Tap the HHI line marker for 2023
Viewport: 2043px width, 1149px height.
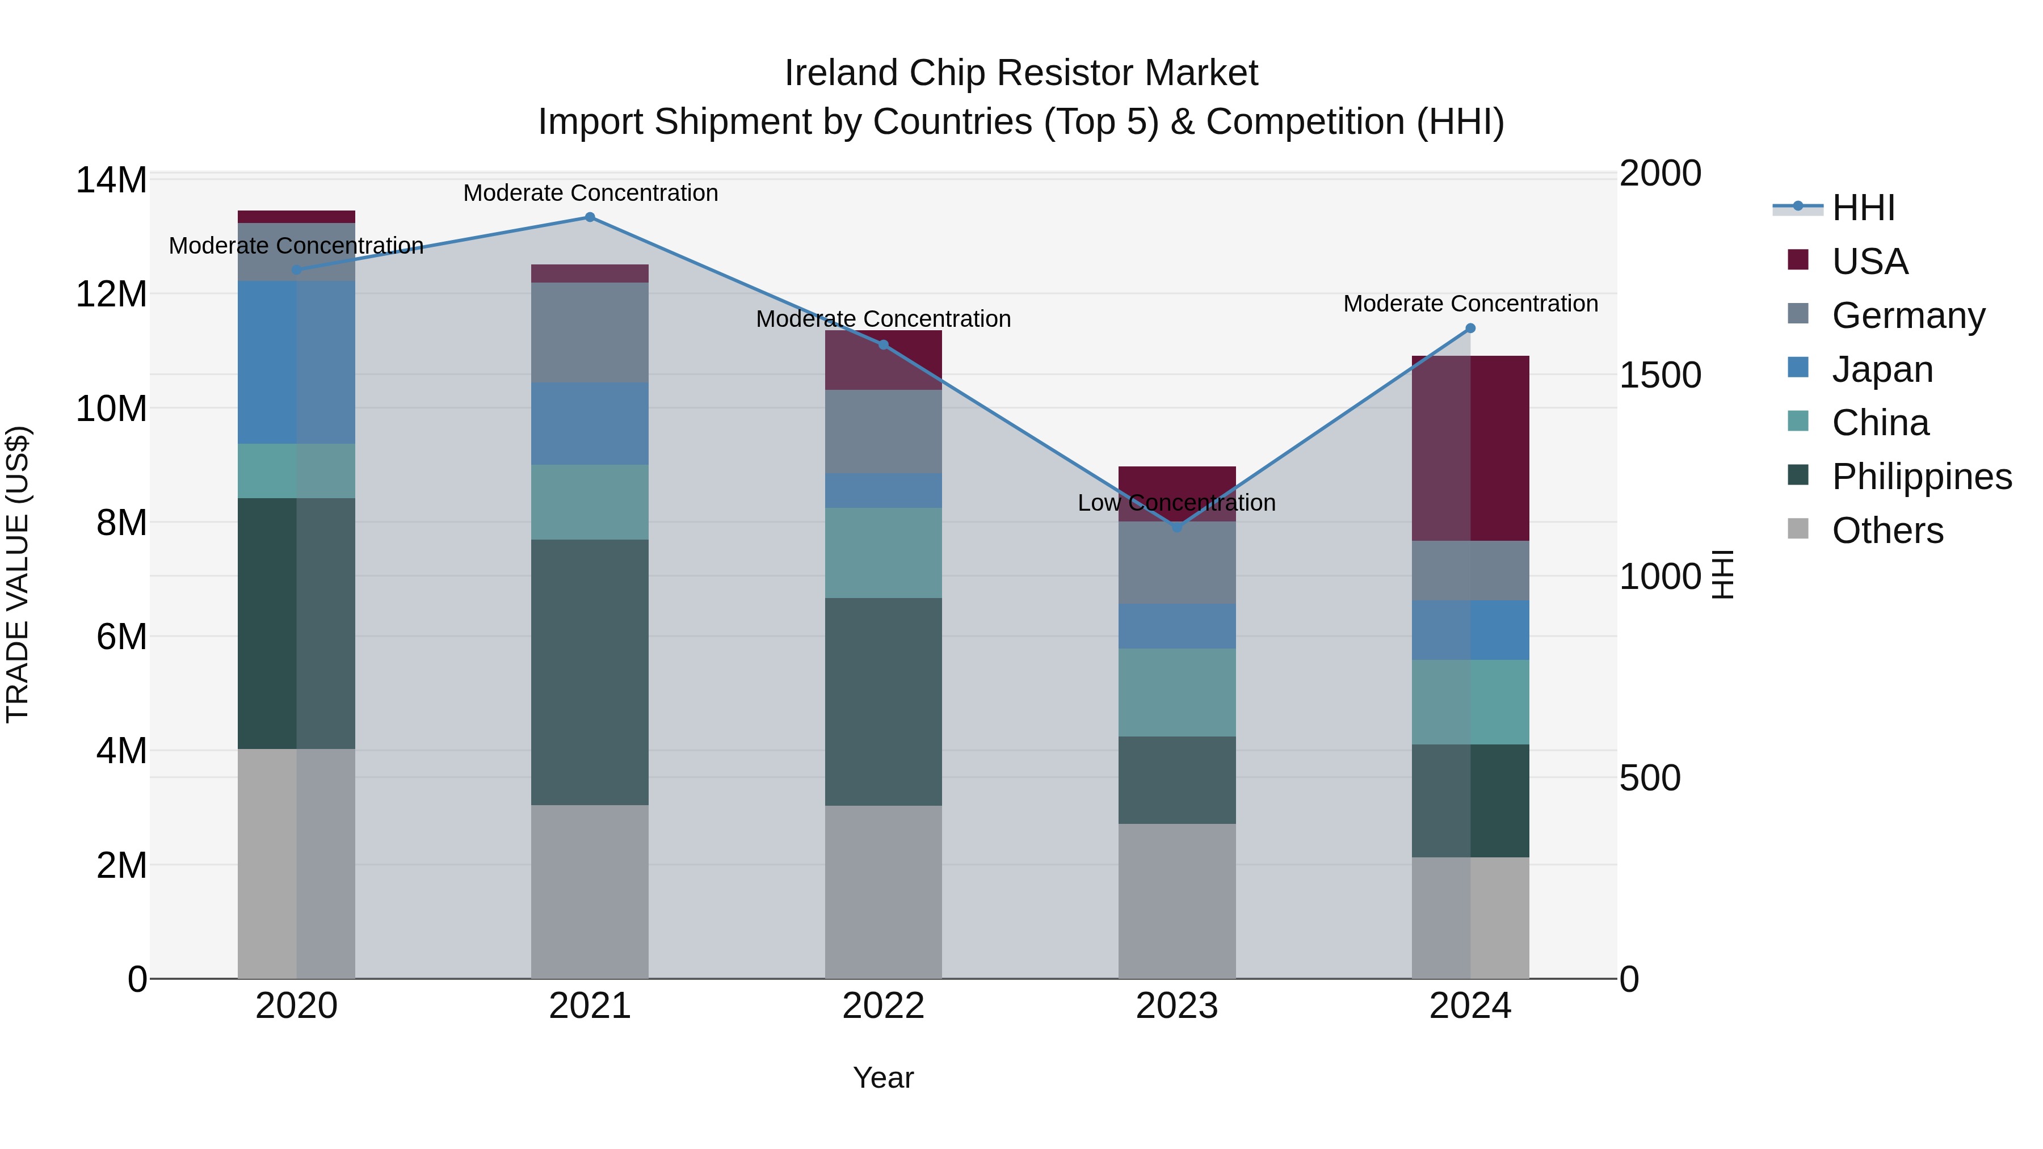point(1177,527)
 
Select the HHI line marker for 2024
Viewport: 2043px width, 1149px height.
point(1470,329)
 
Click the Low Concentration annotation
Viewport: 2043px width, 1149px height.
point(1176,503)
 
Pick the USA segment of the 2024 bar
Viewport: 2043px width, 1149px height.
point(1470,449)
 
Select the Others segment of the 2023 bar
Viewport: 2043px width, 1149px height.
point(1177,901)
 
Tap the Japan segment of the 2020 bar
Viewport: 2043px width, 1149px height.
point(297,363)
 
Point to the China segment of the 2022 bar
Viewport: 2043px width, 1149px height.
point(884,553)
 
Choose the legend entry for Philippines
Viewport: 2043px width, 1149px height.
point(1921,477)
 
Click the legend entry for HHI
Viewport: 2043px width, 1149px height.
point(1863,208)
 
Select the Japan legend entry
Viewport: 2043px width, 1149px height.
point(1881,369)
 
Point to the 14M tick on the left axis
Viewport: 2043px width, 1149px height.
point(111,180)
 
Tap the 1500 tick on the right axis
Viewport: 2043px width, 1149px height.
point(1660,375)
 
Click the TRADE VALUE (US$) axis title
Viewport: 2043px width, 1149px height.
point(18,574)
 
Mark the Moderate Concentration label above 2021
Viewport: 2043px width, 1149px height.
point(590,193)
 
